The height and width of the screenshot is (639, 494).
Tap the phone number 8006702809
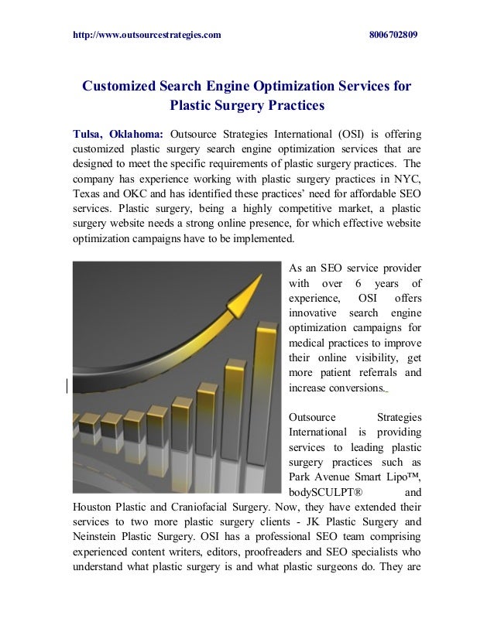coord(393,36)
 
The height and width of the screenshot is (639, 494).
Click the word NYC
coord(405,179)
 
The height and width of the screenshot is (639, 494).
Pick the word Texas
coord(88,193)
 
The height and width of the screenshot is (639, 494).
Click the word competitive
coord(294,208)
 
